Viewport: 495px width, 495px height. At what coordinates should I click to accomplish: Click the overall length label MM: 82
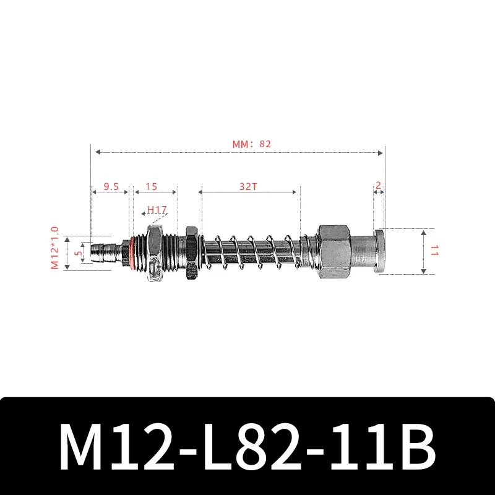(x=252, y=144)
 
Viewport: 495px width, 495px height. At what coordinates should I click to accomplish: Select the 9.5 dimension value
(x=111, y=186)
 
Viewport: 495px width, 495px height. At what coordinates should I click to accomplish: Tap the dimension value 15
(x=152, y=186)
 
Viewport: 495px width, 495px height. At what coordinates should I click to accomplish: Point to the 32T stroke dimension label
(x=249, y=186)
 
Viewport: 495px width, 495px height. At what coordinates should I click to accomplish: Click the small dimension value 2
(x=379, y=186)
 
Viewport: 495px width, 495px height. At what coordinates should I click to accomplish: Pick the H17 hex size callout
(x=157, y=210)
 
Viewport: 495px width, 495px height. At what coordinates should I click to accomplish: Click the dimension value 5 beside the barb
(x=77, y=252)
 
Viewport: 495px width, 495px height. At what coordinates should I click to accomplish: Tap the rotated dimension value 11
(x=435, y=251)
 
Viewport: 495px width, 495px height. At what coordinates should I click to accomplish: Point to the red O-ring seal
(x=131, y=252)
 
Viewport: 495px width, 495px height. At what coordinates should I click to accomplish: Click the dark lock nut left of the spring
(x=191, y=252)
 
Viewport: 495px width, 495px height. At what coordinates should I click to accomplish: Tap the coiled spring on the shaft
(x=254, y=252)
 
